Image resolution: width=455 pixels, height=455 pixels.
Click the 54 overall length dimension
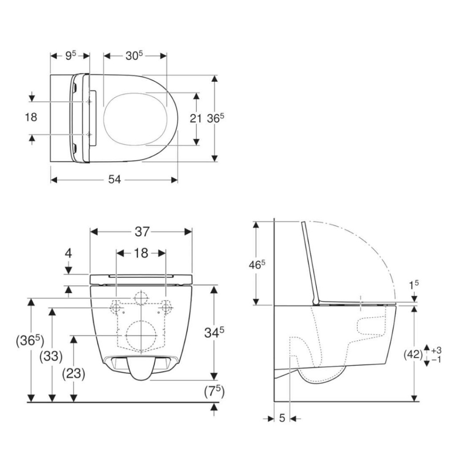click(115, 180)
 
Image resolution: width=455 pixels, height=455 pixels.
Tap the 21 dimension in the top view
click(196, 118)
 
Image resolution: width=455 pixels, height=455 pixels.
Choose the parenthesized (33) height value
click(51, 356)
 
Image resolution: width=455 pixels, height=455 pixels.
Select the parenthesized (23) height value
click(73, 374)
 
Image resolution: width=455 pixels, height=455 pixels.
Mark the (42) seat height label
click(413, 354)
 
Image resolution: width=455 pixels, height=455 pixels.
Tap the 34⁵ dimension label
click(214, 331)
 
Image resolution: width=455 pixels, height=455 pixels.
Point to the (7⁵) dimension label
click(214, 391)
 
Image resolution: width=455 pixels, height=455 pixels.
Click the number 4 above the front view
click(68, 254)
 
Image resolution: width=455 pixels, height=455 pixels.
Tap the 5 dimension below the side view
click(282, 418)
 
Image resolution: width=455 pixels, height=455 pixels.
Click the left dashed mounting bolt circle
click(116, 307)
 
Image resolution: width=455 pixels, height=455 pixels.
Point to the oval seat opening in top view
click(135, 119)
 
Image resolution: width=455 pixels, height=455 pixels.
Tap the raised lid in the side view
click(310, 262)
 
